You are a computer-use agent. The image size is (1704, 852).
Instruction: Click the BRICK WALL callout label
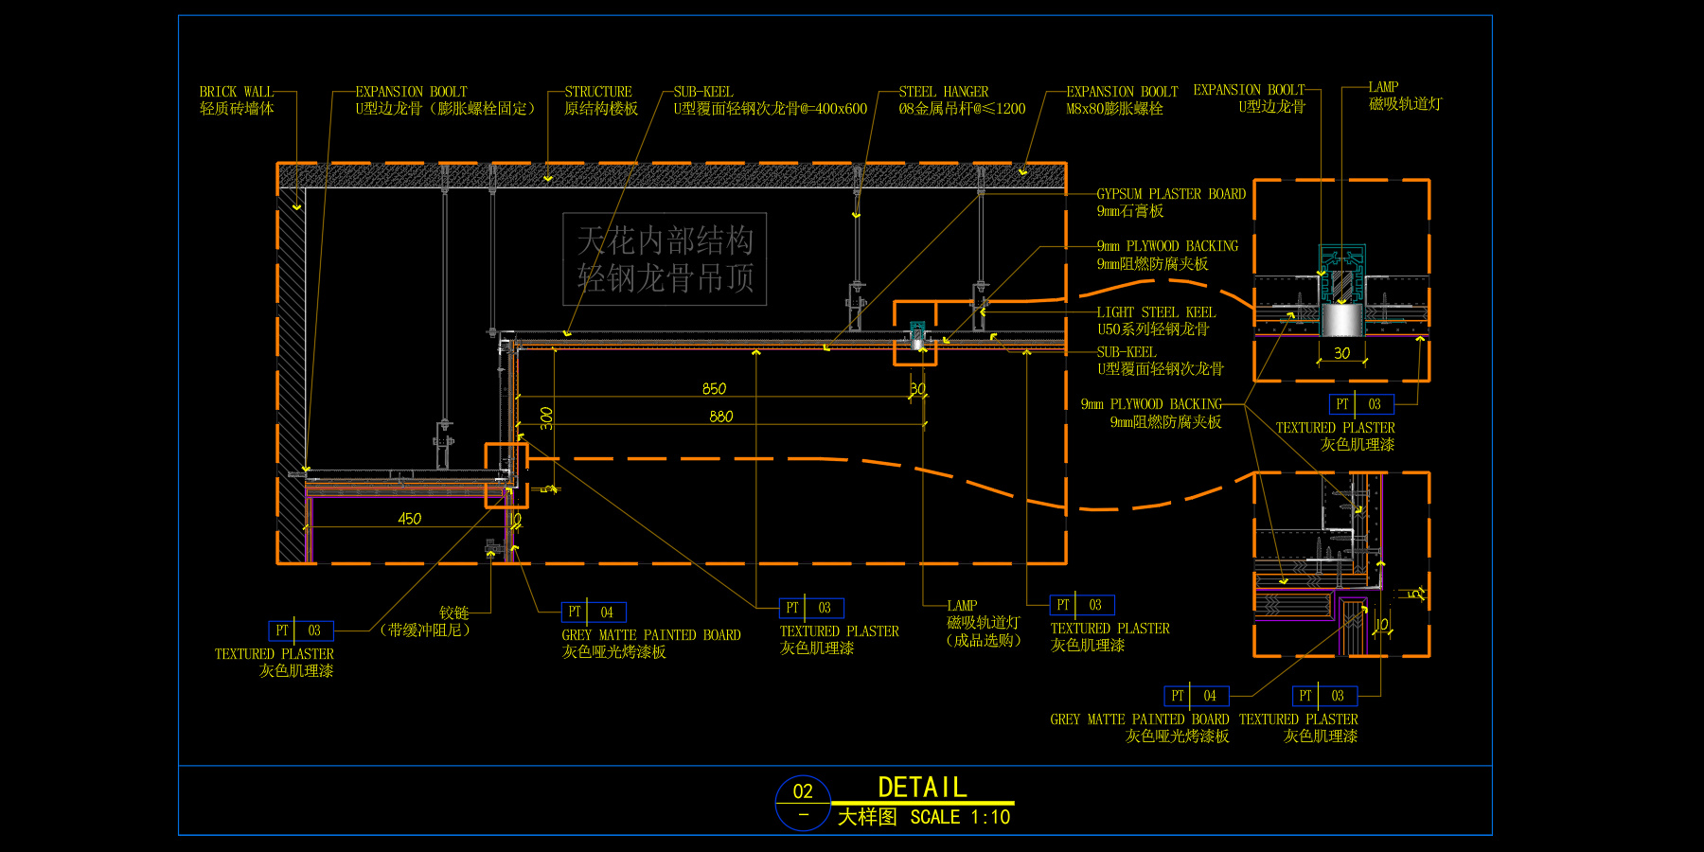point(236,92)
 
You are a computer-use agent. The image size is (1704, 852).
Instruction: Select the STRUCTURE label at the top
point(597,92)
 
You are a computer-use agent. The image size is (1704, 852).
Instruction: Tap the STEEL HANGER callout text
point(943,92)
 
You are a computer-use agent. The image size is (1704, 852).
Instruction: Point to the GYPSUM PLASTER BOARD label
point(1171,194)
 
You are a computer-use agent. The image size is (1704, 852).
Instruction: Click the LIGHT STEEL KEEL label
point(1156,312)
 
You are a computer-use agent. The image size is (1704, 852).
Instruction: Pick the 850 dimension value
point(714,389)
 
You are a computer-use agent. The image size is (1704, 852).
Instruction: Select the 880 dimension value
point(720,417)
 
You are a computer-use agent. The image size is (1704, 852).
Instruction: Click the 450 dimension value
point(409,519)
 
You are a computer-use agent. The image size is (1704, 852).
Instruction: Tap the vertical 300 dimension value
point(547,417)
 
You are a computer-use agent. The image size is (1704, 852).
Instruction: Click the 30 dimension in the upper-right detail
point(1341,353)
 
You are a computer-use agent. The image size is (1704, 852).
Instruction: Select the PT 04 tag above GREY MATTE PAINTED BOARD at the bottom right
point(1197,696)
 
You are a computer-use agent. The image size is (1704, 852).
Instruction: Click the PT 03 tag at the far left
point(301,630)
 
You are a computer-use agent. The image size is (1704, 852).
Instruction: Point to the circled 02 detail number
point(803,791)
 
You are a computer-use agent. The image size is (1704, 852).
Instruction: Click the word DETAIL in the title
point(922,788)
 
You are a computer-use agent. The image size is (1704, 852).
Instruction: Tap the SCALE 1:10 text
point(960,817)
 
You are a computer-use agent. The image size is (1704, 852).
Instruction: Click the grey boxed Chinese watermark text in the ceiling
point(665,259)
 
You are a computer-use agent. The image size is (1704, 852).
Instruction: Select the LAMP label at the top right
point(1383,87)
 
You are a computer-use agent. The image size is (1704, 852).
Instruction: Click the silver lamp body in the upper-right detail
point(1341,319)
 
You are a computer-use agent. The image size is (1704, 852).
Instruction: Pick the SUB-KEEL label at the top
point(703,92)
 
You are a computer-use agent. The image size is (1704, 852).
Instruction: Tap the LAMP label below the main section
point(962,606)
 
